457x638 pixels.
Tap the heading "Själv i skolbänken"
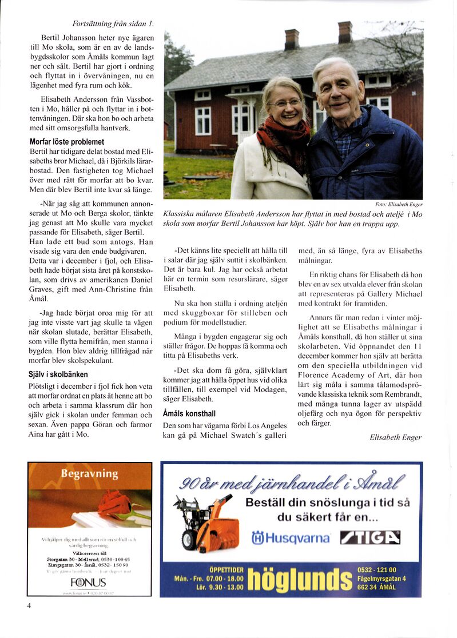58,374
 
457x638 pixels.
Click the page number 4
29,606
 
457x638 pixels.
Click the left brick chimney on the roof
292,39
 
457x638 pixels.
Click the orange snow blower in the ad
206,523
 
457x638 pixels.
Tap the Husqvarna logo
291,538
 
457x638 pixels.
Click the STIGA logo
370,537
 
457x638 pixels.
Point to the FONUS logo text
88,583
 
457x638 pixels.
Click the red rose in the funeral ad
114,504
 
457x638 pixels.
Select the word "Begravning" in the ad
90,474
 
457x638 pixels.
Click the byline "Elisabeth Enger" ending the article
395,437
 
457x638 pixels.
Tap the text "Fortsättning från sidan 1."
113,24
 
